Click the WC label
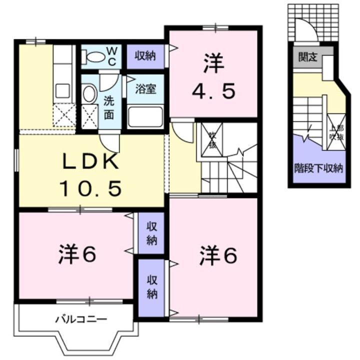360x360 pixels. coord(112,56)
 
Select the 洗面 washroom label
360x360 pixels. coord(108,106)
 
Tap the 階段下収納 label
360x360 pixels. coord(318,168)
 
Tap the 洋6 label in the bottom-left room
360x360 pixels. coord(74,255)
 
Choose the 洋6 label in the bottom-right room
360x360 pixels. coord(217,255)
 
